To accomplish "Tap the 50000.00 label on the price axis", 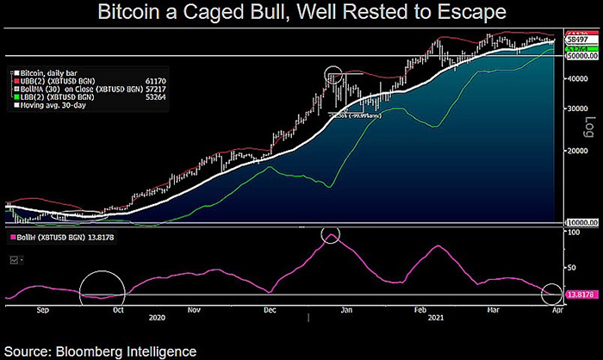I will [580, 57].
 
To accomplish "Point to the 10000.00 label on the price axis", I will [580, 223].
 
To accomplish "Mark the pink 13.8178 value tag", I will [580, 295].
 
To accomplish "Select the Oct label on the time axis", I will [118, 306].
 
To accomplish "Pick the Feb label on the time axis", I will [420, 306].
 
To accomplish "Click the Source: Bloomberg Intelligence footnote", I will [99, 351].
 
